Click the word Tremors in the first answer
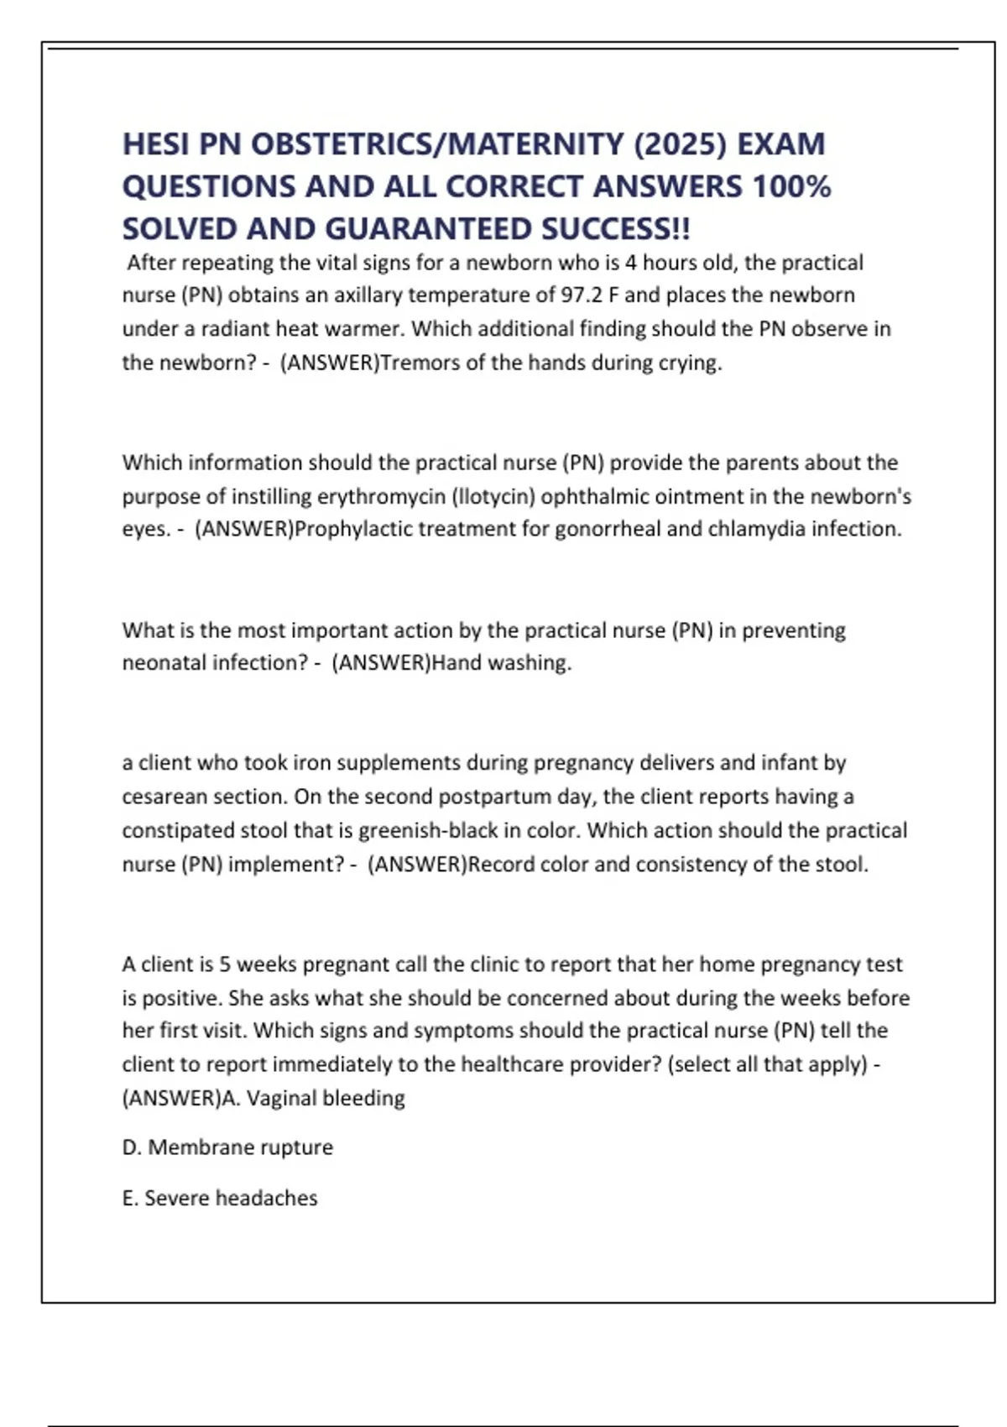pyautogui.click(x=415, y=363)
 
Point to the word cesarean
pyautogui.click(x=163, y=797)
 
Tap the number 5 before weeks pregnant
pyautogui.click(x=224, y=964)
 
